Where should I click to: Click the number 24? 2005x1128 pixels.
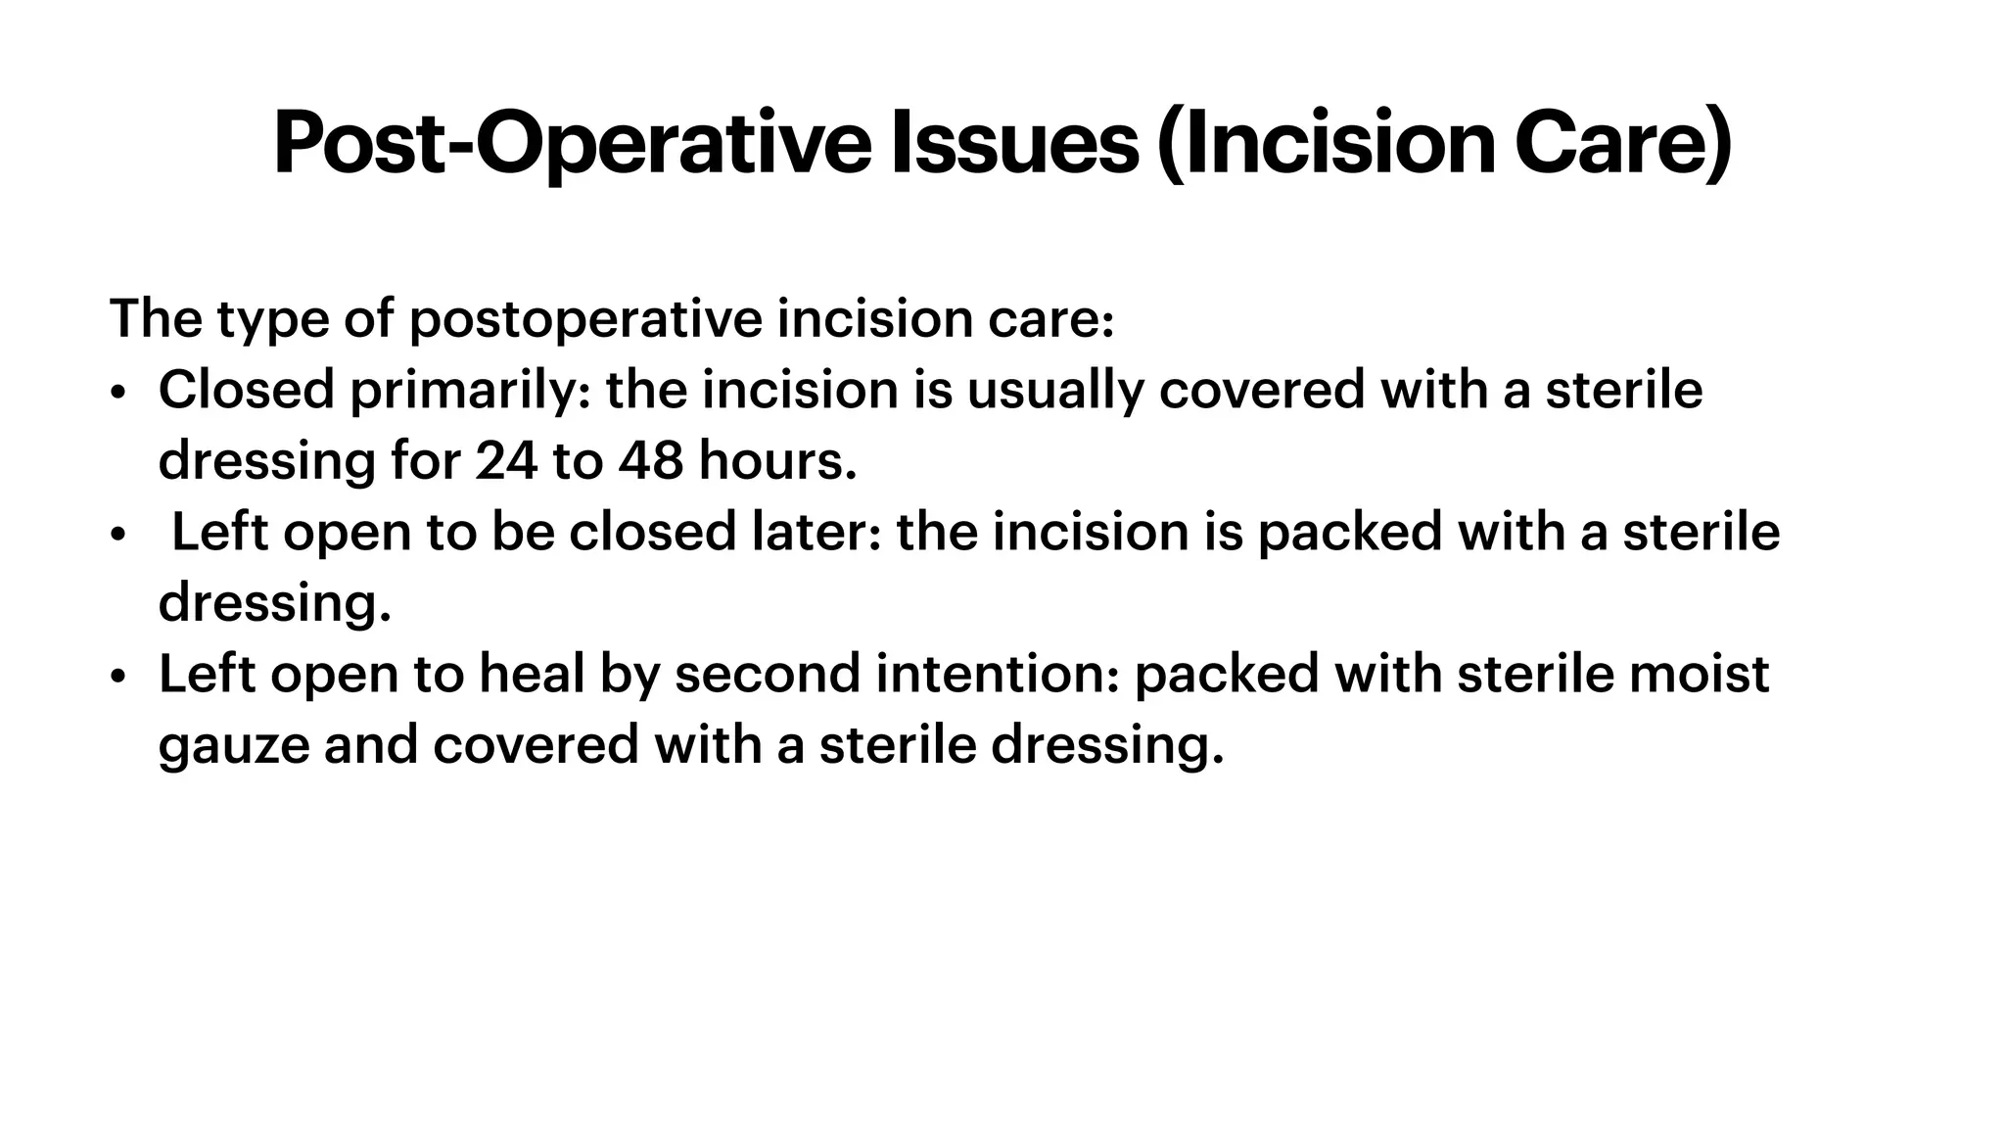pyautogui.click(x=506, y=461)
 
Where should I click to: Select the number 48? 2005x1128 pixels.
pyautogui.click(x=650, y=461)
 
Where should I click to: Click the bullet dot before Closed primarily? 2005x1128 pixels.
pyautogui.click(x=118, y=393)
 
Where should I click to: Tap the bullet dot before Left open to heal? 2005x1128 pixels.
pyautogui.click(x=118, y=677)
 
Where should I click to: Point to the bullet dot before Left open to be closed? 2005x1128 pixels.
pyautogui.click(x=118, y=535)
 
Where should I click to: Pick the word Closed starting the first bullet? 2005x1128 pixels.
pyautogui.click(x=246, y=391)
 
